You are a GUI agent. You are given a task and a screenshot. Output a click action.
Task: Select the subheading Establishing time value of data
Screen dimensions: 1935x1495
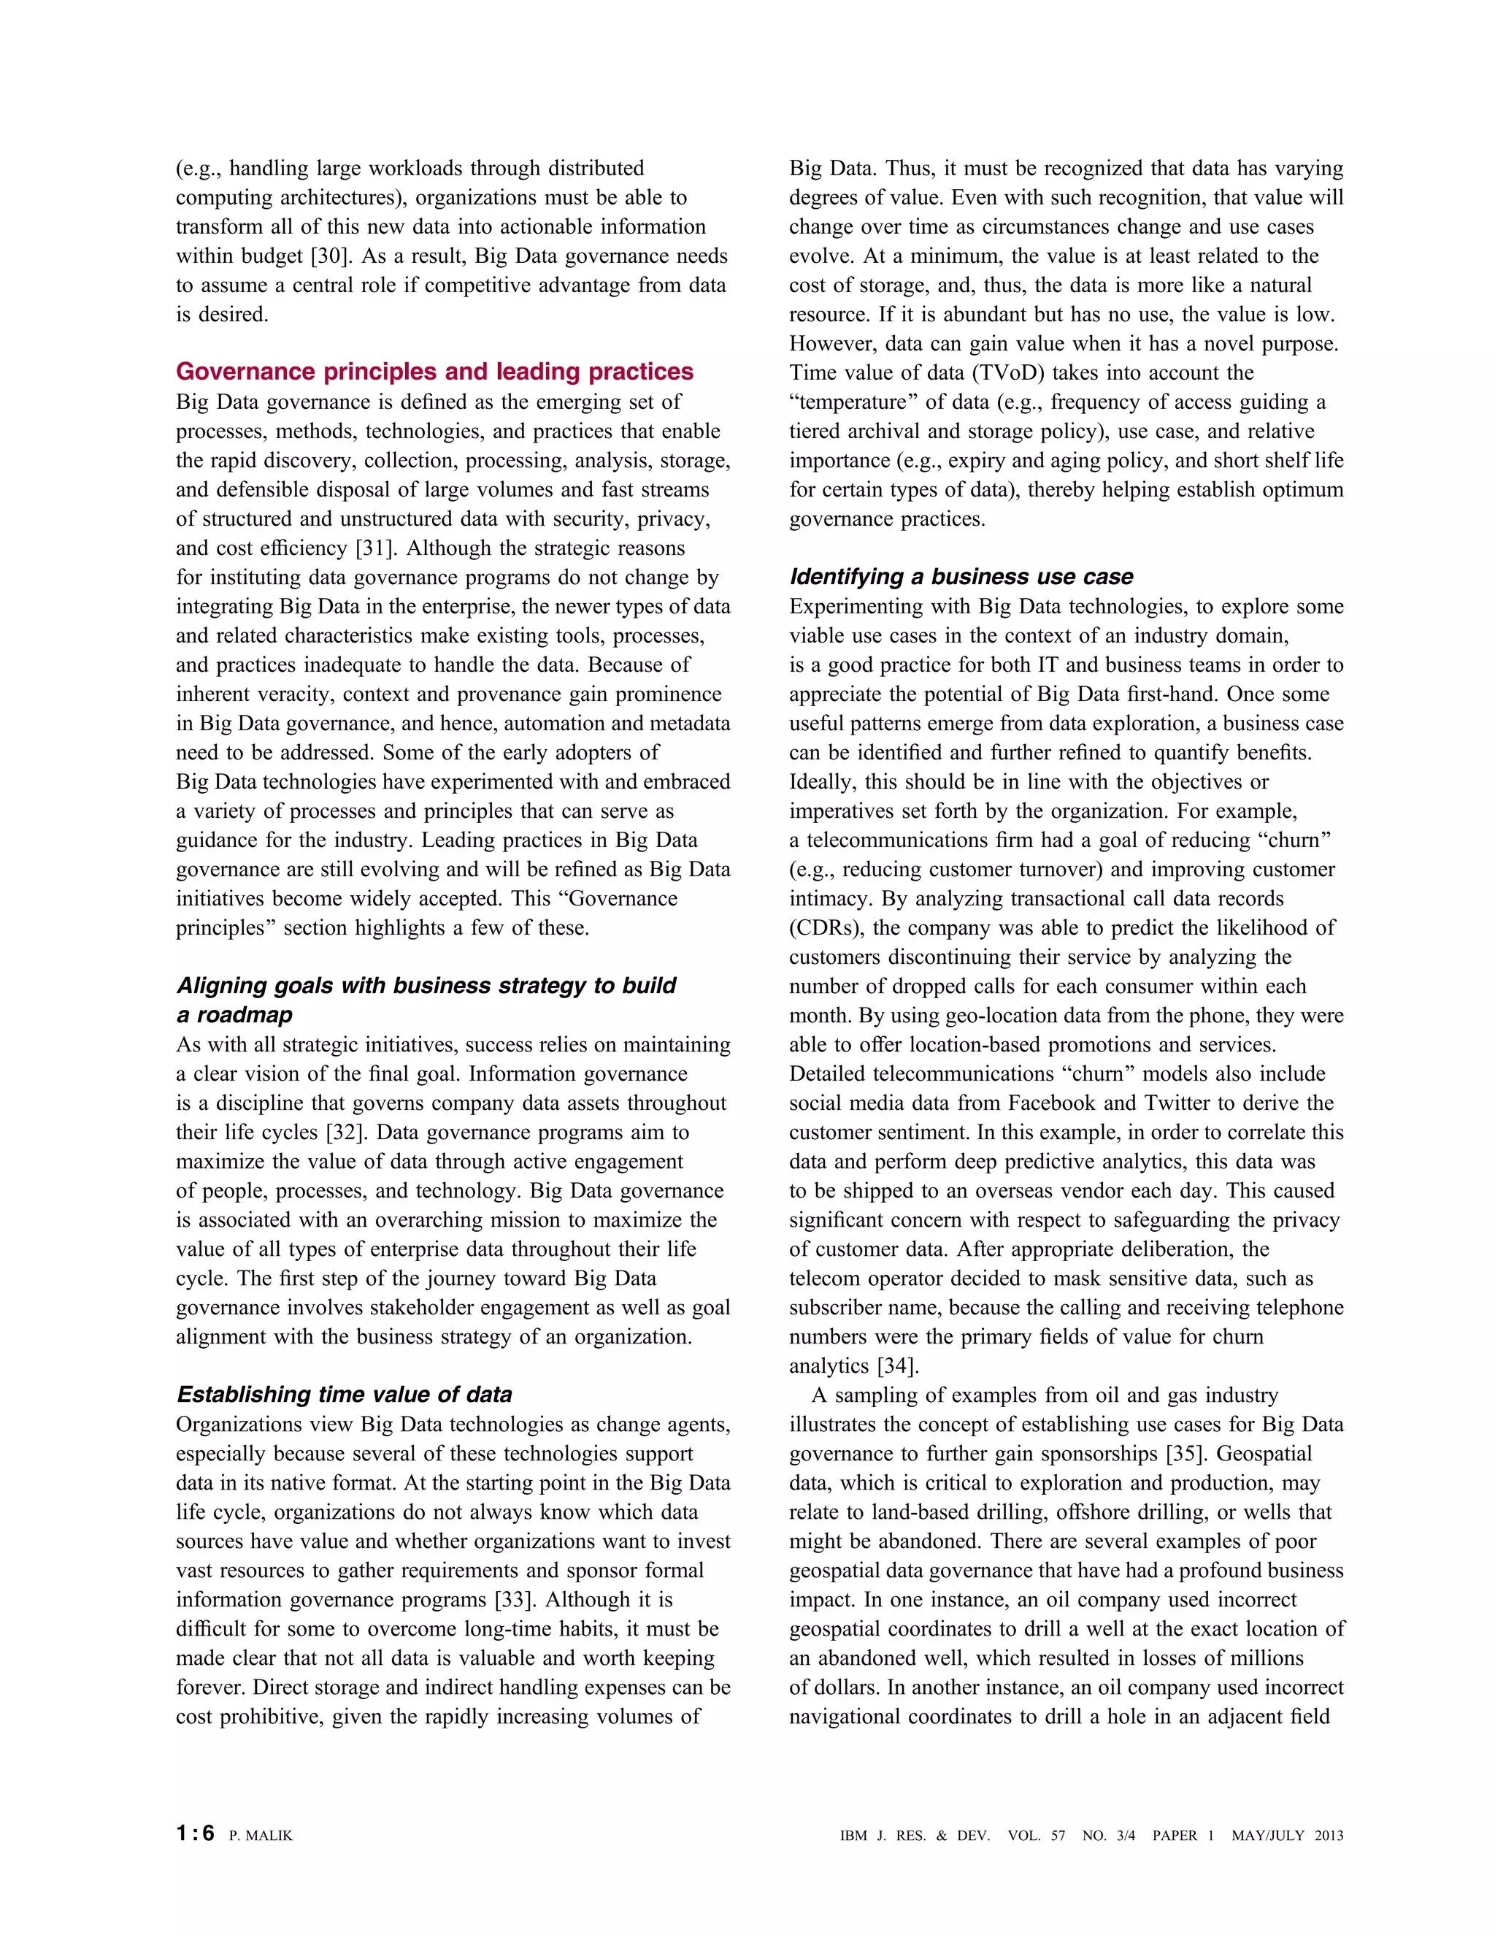point(345,1394)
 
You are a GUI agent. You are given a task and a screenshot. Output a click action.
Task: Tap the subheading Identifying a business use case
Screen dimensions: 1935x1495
point(961,577)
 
